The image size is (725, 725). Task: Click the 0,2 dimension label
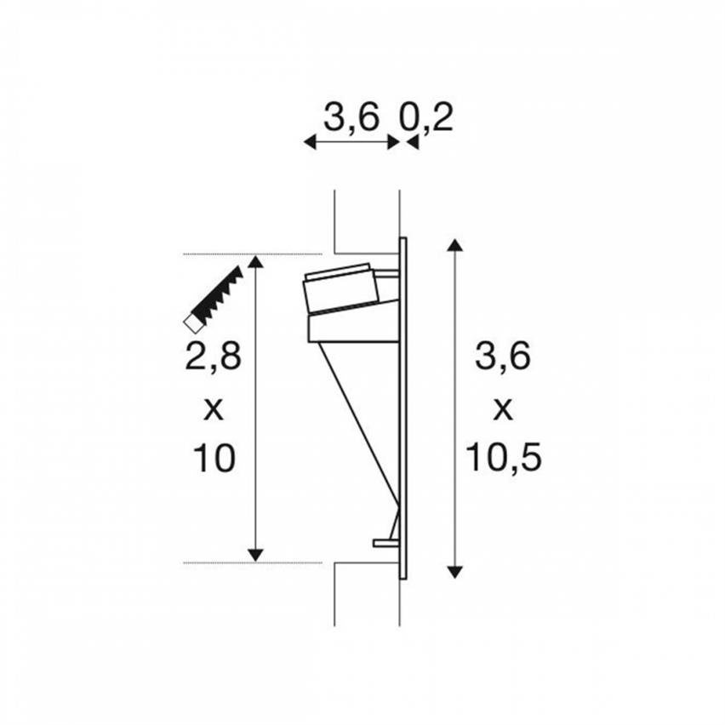[x=425, y=118]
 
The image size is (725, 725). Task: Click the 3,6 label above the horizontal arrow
[x=351, y=118]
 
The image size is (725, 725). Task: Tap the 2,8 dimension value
[x=213, y=357]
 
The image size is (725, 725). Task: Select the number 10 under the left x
[x=214, y=458]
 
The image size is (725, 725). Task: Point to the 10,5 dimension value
[x=504, y=457]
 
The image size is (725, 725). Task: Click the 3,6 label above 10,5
[x=503, y=357]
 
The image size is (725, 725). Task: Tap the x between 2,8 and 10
[x=213, y=409]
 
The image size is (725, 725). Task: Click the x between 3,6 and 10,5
[x=503, y=409]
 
